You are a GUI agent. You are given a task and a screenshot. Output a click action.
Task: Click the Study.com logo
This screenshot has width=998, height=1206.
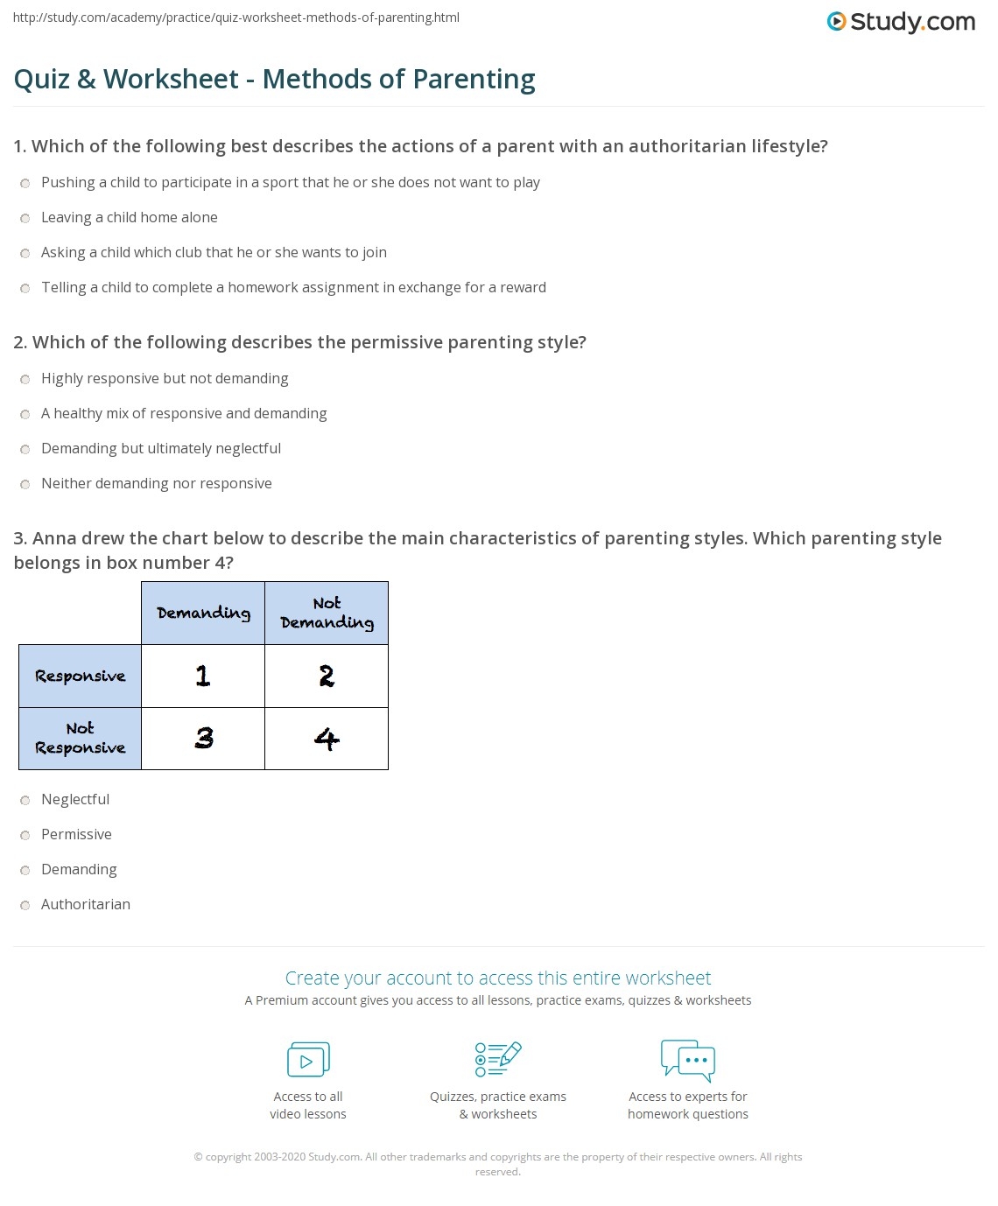coord(901,22)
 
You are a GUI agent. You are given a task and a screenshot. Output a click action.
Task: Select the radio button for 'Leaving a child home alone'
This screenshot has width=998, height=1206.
coord(25,218)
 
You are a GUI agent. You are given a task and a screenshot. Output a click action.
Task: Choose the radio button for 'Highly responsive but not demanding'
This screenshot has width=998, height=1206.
coord(25,379)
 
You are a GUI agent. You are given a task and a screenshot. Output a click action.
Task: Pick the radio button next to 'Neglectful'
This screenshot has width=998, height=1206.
coord(25,800)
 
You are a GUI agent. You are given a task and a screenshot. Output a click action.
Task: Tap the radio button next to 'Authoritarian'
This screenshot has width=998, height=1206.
coord(25,905)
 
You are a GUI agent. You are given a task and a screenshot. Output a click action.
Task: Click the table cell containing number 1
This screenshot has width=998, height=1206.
coord(203,676)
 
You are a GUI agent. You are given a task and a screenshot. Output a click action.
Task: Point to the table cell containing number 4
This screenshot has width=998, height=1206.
coord(327,739)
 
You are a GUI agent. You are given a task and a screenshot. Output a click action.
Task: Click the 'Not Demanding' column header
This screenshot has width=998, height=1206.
coord(327,613)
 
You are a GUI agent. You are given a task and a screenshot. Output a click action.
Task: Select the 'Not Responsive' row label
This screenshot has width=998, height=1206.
coord(80,739)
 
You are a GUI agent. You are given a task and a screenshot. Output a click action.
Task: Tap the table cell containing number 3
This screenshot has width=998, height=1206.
coord(203,739)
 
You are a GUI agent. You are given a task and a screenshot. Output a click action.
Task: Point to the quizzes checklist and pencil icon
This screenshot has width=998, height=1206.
coord(498,1059)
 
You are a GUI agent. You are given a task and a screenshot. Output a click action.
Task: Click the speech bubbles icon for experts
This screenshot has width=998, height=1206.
coord(688,1059)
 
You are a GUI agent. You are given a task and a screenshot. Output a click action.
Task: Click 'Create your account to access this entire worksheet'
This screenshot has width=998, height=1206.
coord(498,978)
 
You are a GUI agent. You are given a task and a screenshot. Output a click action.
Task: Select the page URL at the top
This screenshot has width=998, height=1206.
coord(236,18)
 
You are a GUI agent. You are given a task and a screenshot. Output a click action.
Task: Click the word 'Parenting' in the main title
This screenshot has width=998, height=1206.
coord(474,80)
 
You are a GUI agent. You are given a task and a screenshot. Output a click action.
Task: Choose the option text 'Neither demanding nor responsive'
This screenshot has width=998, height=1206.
coord(157,483)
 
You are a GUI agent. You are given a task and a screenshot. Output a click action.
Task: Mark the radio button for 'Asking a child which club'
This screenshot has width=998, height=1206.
coord(25,253)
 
